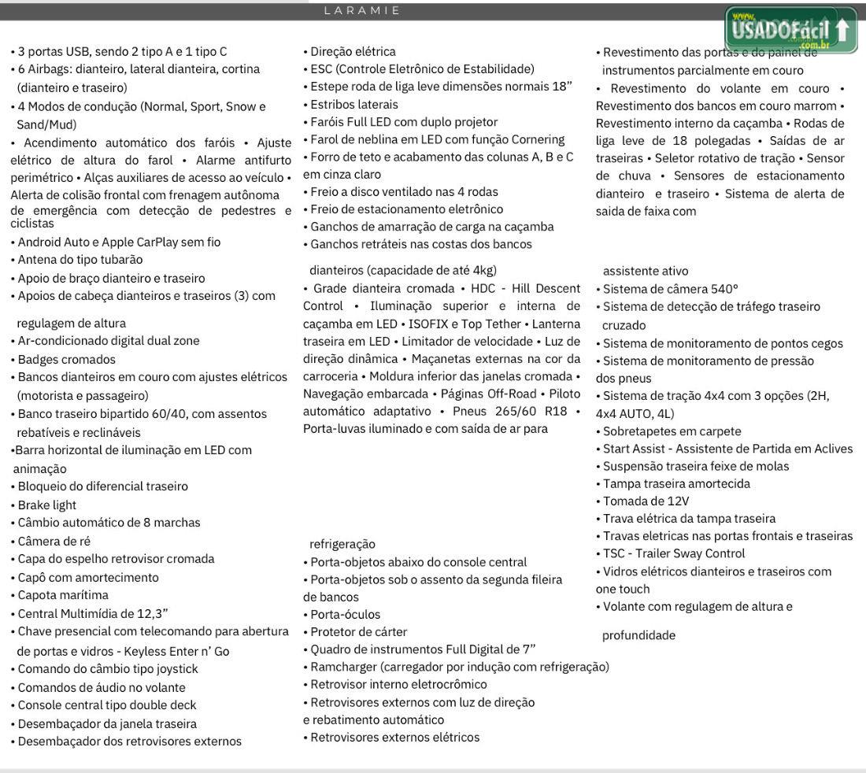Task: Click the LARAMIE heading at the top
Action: point(362,11)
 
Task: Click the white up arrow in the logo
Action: point(843,31)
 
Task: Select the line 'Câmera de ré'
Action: point(54,541)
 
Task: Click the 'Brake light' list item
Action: point(46,505)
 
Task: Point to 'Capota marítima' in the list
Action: point(63,595)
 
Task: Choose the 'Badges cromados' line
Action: point(66,359)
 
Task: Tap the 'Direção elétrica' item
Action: point(353,52)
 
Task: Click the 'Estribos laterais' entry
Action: point(354,104)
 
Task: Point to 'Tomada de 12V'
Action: point(646,501)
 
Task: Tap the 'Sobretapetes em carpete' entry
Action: point(672,431)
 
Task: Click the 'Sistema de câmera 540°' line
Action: point(670,288)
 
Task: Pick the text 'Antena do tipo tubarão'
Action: point(80,260)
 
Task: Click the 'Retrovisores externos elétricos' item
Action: point(394,737)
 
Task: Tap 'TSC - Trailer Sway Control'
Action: point(673,553)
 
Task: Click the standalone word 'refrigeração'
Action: point(342,544)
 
